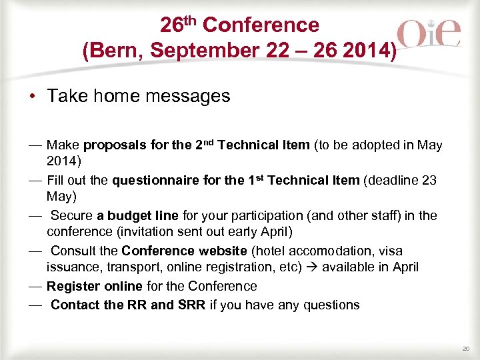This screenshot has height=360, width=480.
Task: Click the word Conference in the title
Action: coord(261,25)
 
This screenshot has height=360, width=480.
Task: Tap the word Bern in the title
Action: coord(116,51)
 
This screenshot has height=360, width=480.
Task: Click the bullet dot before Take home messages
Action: coord(32,97)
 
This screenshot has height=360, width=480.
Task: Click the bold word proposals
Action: coord(117,145)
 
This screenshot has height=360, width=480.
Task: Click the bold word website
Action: coord(223,251)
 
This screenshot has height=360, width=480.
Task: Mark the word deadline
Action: coord(393,180)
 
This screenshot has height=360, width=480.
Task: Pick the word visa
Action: coord(390,251)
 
